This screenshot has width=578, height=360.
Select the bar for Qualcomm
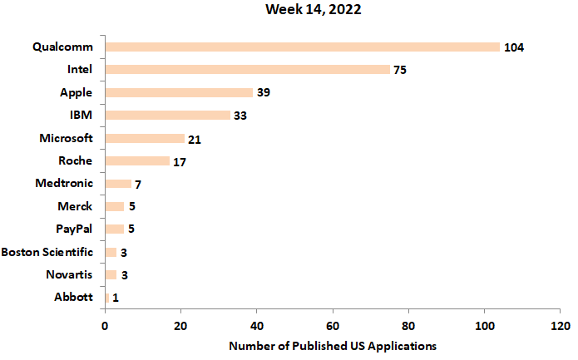pos(303,47)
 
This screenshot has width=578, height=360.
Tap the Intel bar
pos(248,70)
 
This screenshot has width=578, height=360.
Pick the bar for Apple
pos(179,92)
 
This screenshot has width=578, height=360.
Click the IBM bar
pos(168,115)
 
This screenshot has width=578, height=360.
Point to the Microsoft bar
pos(145,138)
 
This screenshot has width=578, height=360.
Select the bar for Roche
pos(137,160)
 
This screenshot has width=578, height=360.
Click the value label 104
pos(513,47)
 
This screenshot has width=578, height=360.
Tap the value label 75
pos(399,70)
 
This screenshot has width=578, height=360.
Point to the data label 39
pos(263,92)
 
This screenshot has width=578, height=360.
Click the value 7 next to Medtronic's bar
pos(138,184)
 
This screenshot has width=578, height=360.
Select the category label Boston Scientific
pos(47,252)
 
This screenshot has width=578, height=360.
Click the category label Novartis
pos(69,274)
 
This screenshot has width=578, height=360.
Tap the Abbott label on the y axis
pos(73,297)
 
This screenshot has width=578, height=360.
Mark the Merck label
pos(75,206)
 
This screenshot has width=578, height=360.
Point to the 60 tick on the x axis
pos(333,325)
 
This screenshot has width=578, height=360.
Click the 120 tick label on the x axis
pos(560,325)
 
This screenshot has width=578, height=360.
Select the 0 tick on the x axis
pos(106,325)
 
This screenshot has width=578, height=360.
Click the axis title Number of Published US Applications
pos(332,345)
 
